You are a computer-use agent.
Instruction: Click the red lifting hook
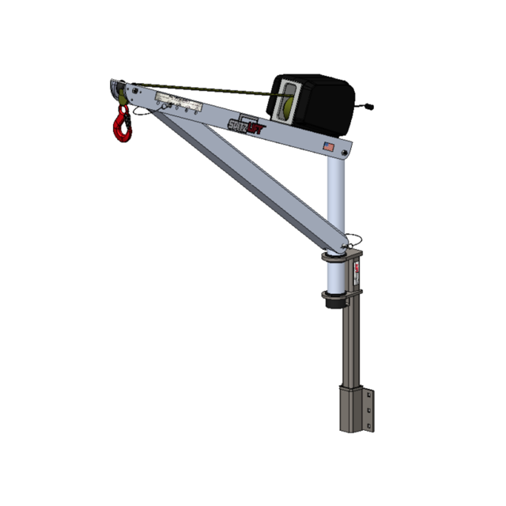click(122, 126)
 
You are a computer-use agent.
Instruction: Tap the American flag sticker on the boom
click(328, 145)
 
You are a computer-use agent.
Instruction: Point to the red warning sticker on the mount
click(357, 274)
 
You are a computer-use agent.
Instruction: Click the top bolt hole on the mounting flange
click(368, 392)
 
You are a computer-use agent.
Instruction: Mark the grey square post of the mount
click(348, 348)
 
